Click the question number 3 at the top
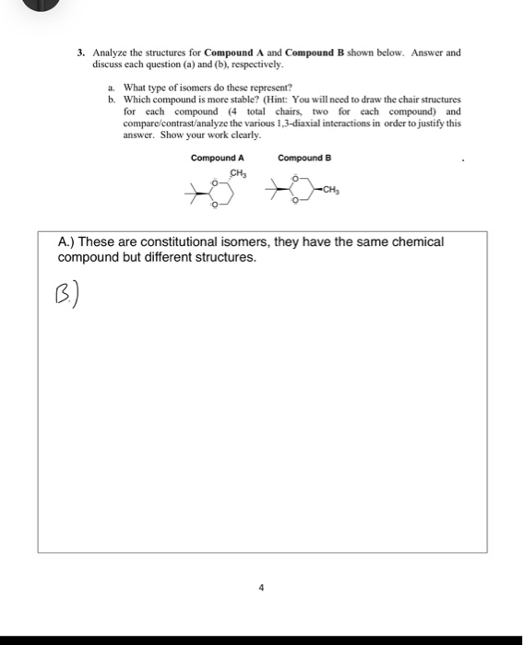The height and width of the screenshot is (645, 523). point(80,53)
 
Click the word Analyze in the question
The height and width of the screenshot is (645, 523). point(110,53)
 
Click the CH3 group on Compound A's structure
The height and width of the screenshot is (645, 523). point(238,172)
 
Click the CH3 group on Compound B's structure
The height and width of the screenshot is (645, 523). point(332,190)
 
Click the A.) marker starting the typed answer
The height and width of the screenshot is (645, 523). point(68,242)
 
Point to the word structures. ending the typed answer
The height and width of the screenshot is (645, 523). point(223,257)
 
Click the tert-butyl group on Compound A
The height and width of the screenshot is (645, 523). point(191,193)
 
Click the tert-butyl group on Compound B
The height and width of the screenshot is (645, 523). point(273,192)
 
